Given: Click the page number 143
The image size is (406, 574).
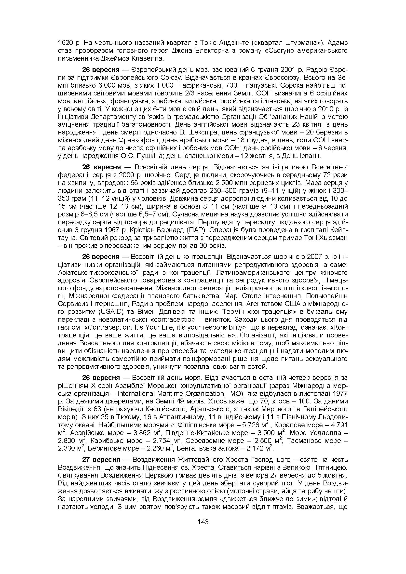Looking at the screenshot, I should [203, 522].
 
